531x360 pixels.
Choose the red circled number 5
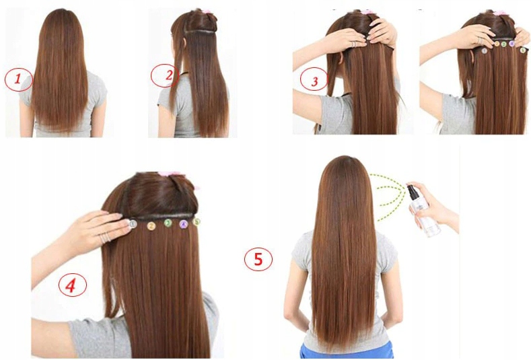pyautogui.click(x=258, y=259)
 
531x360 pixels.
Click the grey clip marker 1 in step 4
pyautogui.click(x=133, y=223)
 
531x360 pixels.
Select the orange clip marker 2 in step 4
pyautogui.click(x=152, y=223)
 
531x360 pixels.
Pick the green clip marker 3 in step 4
pyautogui.click(x=168, y=223)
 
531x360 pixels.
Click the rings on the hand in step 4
pyautogui.click(x=104, y=238)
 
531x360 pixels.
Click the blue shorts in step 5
pyautogui.click(x=346, y=350)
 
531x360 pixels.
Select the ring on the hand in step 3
pyautogui.click(x=353, y=43)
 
